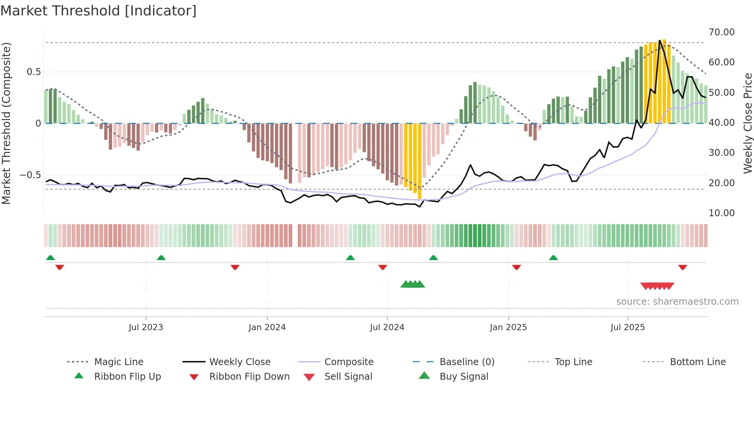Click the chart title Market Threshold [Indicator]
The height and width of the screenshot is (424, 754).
(98, 11)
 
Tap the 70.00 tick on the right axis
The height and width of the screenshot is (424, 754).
(721, 32)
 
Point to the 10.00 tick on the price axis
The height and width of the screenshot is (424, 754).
(721, 213)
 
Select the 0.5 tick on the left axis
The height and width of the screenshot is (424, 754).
(34, 72)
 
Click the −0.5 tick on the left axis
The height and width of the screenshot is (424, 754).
(30, 175)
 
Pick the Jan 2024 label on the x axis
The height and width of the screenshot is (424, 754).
(267, 327)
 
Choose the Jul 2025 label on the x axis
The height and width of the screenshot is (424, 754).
(627, 327)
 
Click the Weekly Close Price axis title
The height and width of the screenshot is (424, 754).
(747, 123)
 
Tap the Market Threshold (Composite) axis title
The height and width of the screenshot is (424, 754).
(6, 123)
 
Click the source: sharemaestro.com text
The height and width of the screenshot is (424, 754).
(677, 302)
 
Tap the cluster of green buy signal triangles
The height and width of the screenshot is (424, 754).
(412, 284)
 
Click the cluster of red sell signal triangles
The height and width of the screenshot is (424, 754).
(657, 286)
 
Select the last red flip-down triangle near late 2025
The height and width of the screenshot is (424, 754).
(682, 267)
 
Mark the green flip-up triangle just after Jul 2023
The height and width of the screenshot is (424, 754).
(161, 258)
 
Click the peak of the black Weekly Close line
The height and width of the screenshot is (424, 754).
(660, 40)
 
